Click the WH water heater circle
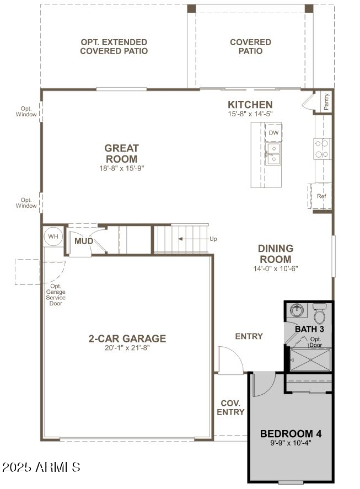tap(53, 236)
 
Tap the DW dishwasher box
tap(273, 133)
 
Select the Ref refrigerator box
tap(321, 196)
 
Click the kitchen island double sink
tap(273, 154)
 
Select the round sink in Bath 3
tap(297, 311)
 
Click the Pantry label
tap(326, 101)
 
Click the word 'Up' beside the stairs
tap(213, 239)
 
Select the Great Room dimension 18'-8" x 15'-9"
tap(121, 168)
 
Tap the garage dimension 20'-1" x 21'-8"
tap(127, 348)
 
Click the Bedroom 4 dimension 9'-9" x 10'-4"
tap(291, 442)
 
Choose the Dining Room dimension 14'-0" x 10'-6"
tap(275, 270)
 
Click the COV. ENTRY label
tap(230, 407)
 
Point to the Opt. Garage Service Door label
tap(56, 295)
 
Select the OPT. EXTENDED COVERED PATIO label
tap(114, 46)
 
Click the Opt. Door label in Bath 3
tap(315, 342)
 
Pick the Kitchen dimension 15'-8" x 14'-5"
tap(250, 114)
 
